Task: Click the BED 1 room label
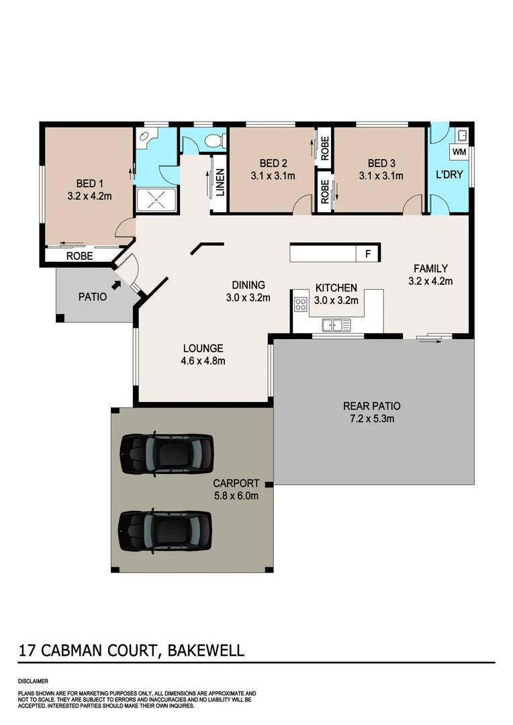tap(89, 184)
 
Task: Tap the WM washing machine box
tap(459, 152)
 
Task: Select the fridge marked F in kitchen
tap(367, 254)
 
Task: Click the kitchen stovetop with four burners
tap(300, 305)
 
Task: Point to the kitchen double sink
tap(336, 326)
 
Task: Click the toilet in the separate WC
tap(212, 141)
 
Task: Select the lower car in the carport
tap(165, 530)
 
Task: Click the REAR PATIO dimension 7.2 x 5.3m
tap(371, 419)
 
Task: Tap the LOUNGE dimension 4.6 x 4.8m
tap(203, 361)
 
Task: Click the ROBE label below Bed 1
tap(79, 256)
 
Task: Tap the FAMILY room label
tap(430, 269)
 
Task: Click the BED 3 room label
tap(380, 163)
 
